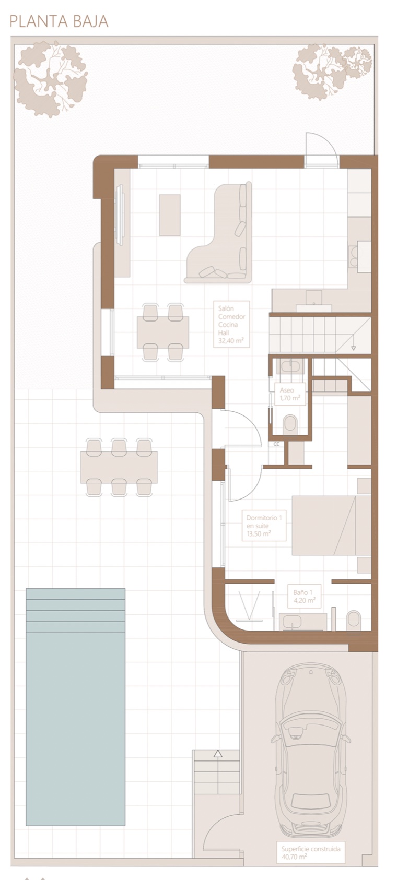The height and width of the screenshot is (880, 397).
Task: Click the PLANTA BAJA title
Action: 59,21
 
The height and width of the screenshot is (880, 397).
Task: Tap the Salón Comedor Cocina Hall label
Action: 231,324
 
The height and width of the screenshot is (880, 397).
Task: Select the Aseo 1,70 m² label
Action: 290,394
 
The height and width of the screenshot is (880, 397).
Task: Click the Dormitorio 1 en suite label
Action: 264,526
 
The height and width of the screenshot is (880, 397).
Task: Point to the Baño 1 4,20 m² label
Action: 304,596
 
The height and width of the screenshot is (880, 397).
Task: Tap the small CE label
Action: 276,444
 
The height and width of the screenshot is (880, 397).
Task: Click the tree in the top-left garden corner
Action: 50,79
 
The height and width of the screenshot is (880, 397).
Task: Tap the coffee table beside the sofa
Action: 170,215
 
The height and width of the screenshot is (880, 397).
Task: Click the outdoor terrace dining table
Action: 119,467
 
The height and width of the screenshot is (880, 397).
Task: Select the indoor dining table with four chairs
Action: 163,332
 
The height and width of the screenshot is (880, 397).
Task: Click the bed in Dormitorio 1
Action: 331,525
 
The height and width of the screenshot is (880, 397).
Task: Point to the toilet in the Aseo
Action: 290,424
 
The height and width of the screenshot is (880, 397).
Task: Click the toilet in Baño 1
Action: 353,621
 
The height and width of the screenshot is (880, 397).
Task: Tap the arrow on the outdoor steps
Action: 218,754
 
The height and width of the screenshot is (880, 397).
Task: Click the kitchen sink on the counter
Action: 313,298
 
